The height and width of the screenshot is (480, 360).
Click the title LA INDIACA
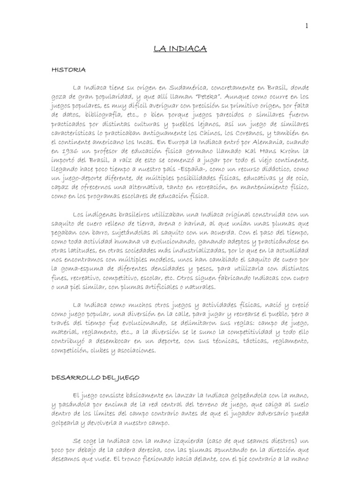point(180,48)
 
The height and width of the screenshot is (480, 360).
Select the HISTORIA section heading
point(68,70)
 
